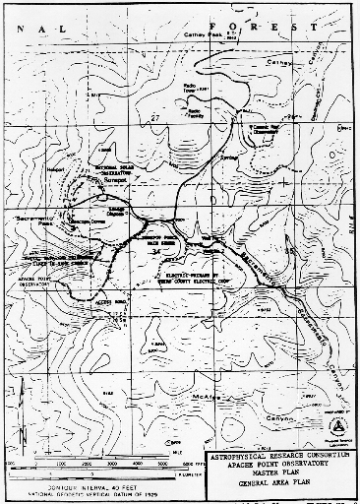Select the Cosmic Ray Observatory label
tap(268, 127)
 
